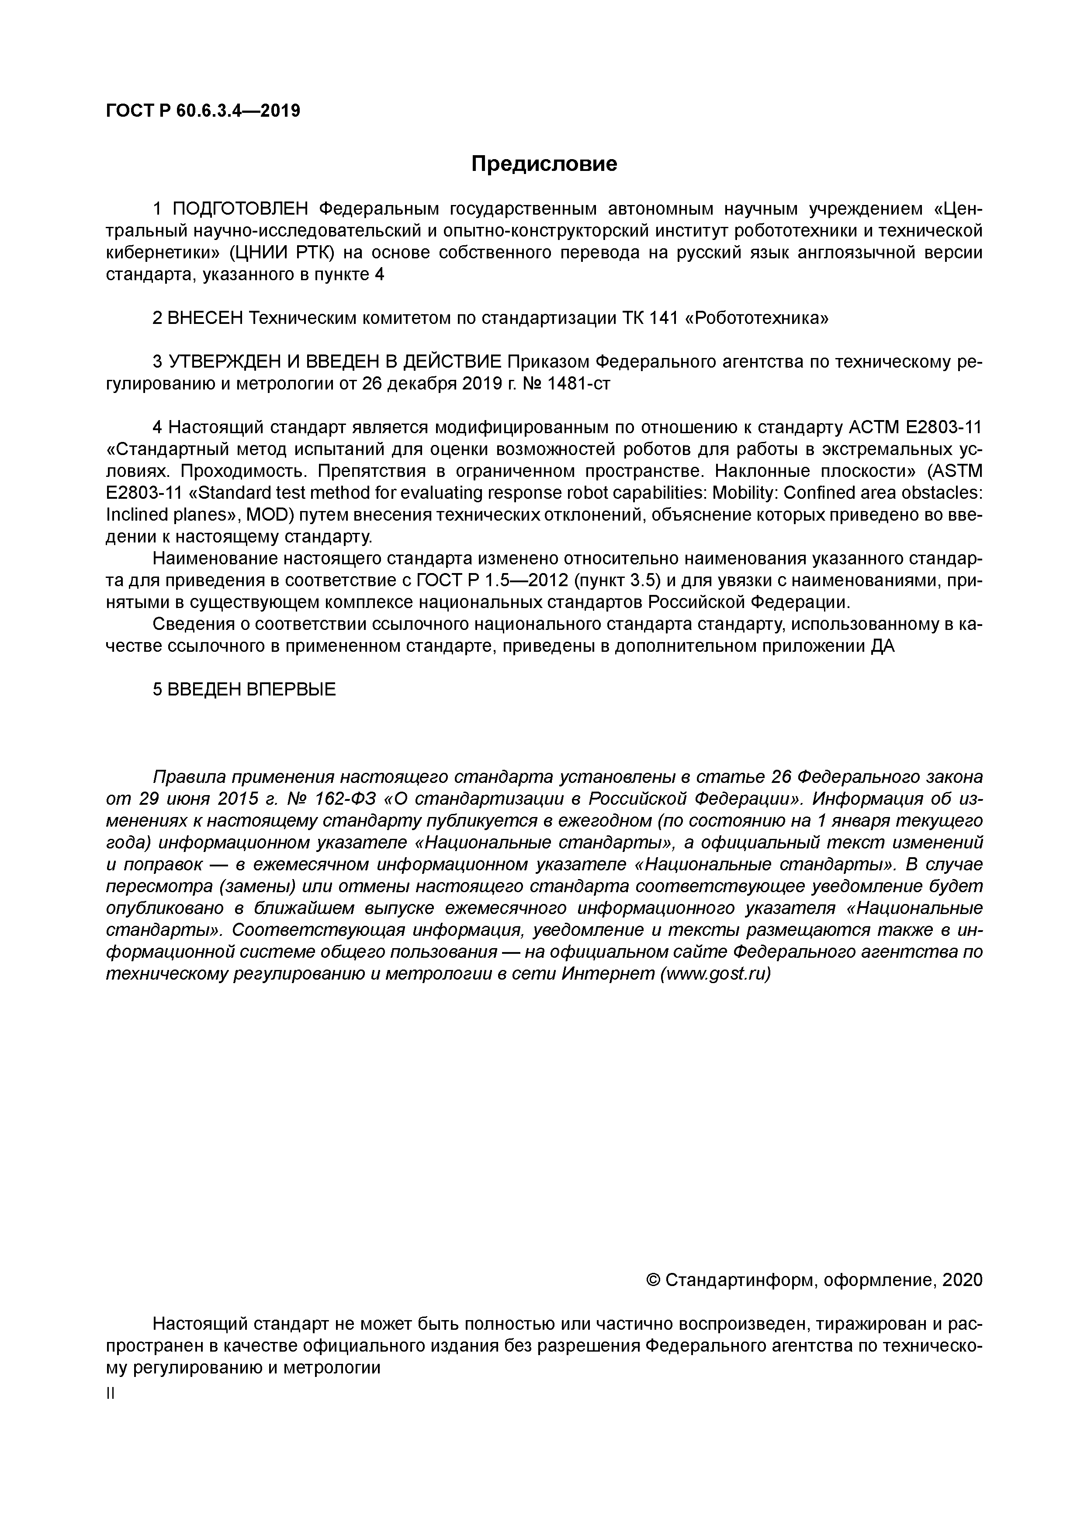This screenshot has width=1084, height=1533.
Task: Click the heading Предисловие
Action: tap(544, 163)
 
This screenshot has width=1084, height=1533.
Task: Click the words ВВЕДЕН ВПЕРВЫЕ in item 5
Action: tap(252, 689)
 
